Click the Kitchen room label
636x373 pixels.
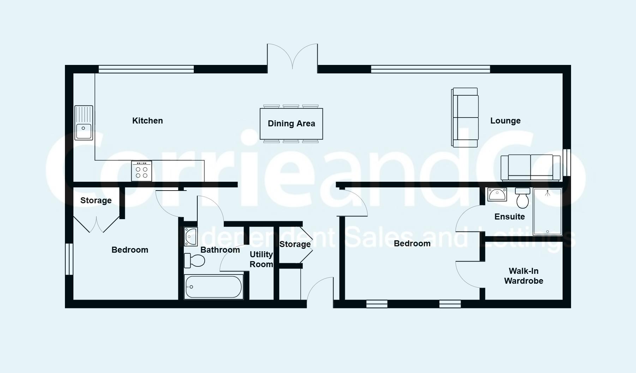pyautogui.click(x=148, y=121)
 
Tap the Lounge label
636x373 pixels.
pyautogui.click(x=505, y=121)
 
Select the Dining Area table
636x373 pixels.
pyautogui.click(x=291, y=124)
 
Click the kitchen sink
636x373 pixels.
pyautogui.click(x=84, y=123)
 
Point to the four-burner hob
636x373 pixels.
pyautogui.click(x=142, y=171)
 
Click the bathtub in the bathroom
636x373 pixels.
pyautogui.click(x=214, y=287)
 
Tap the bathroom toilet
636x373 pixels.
pyautogui.click(x=194, y=261)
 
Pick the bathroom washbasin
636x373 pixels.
pyautogui.click(x=191, y=236)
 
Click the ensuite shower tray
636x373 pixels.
pyautogui.click(x=547, y=211)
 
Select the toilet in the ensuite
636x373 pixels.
pyautogui.click(x=523, y=198)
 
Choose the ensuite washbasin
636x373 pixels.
pyautogui.click(x=497, y=194)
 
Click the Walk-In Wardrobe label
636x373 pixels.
pyautogui.click(x=524, y=276)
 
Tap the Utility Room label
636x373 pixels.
pyautogui.click(x=261, y=259)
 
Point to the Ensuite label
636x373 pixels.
pyautogui.click(x=510, y=217)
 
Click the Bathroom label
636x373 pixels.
pyautogui.click(x=220, y=250)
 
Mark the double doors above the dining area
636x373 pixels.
pyautogui.click(x=292, y=56)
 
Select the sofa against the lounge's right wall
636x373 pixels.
pyautogui.click(x=530, y=168)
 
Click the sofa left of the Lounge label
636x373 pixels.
pyautogui.click(x=465, y=118)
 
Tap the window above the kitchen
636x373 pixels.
pyautogui.click(x=146, y=69)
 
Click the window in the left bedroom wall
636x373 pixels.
pyautogui.click(x=69, y=259)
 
